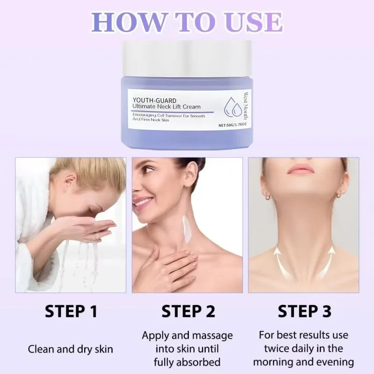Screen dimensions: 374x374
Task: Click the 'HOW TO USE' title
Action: point(187,22)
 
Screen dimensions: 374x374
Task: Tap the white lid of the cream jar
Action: point(187,58)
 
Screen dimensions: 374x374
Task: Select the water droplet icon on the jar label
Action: point(232,108)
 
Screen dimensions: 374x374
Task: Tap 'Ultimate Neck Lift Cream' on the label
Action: point(166,107)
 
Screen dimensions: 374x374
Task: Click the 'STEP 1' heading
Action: point(71,311)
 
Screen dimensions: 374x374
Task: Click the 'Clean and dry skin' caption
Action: point(71,349)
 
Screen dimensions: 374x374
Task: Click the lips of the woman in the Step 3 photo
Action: point(301,169)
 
